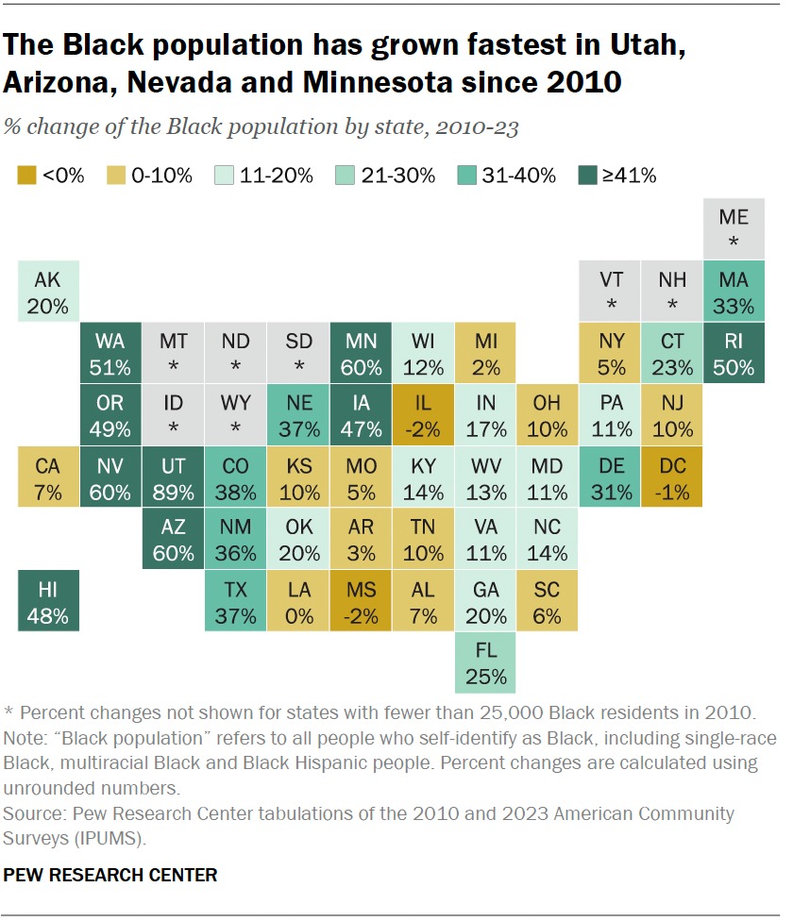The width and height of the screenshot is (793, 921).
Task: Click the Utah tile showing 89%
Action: click(x=174, y=477)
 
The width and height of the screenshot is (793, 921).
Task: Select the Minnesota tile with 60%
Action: click(x=361, y=353)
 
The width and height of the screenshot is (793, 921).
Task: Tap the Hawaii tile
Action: click(x=49, y=602)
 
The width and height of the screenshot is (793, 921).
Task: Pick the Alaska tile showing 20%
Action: click(x=49, y=293)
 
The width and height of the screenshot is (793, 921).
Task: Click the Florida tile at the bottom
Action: click(x=485, y=663)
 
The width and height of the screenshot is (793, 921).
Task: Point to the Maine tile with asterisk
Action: click(x=734, y=229)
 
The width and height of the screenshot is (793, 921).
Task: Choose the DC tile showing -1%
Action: click(x=671, y=477)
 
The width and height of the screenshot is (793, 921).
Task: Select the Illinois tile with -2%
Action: click(x=423, y=415)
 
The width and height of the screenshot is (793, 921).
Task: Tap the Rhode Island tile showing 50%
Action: click(x=734, y=353)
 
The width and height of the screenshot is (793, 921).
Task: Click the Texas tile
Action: click(x=236, y=602)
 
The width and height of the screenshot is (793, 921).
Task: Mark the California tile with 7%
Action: click(x=49, y=477)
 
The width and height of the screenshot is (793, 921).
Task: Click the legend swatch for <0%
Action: click(x=27, y=175)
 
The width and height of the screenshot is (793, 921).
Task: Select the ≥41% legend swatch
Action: click(x=586, y=175)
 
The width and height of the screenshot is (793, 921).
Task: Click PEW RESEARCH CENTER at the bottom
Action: click(x=110, y=875)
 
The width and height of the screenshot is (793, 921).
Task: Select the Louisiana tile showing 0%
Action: click(x=298, y=602)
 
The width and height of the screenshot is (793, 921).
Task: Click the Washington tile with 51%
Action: click(x=111, y=353)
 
